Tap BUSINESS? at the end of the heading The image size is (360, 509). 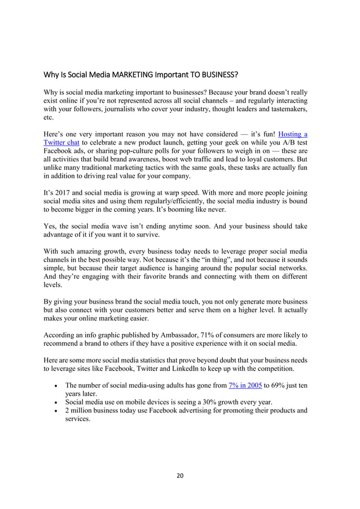[x=217, y=74]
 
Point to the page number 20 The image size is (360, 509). [x=180, y=475]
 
